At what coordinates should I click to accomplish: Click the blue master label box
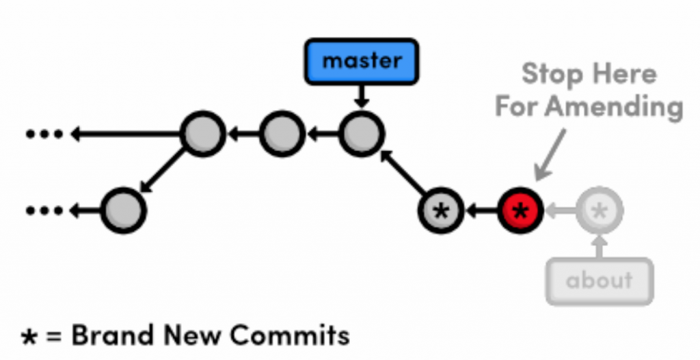coord(361,61)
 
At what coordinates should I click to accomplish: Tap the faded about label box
coord(600,281)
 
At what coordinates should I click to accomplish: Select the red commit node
coord(520,210)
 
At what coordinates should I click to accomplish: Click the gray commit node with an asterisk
coord(442,210)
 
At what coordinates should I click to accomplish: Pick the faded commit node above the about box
coord(600,210)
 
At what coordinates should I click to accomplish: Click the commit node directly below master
coord(362,134)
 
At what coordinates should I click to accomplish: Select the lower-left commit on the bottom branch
coord(124,210)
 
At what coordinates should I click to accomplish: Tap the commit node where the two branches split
coord(202,134)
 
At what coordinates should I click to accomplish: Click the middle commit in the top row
coord(281,134)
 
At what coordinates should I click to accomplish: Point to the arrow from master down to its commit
coord(362,96)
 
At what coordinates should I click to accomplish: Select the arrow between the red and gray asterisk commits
coord(481,210)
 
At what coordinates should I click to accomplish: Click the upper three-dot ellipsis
coord(44,134)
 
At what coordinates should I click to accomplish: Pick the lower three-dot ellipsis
coord(44,210)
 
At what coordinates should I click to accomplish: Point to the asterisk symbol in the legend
coord(29,337)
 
